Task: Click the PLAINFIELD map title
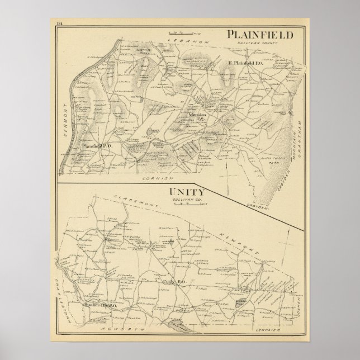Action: tap(260, 35)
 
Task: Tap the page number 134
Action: tap(60, 22)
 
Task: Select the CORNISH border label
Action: tap(155, 178)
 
